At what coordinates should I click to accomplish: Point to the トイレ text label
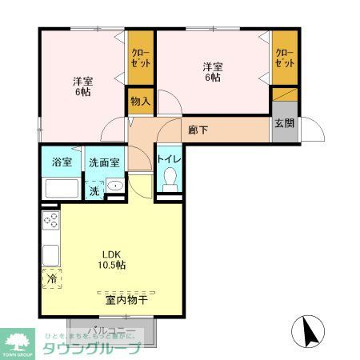click(x=169, y=160)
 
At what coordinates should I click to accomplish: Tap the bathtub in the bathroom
click(x=62, y=189)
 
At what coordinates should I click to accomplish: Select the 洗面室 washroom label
click(x=104, y=162)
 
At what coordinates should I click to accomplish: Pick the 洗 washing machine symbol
click(x=94, y=191)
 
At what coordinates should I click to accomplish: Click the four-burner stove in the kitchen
click(x=50, y=221)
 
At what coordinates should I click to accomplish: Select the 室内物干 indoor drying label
click(x=126, y=301)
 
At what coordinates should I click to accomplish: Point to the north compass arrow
click(x=310, y=329)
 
